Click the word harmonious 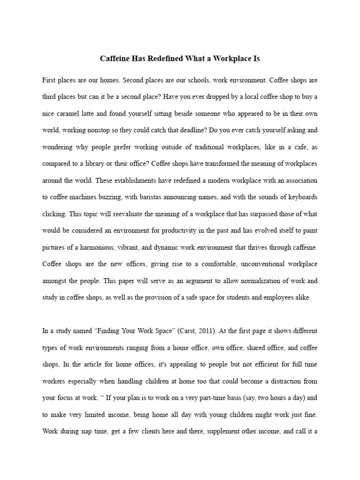click(97, 247)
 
